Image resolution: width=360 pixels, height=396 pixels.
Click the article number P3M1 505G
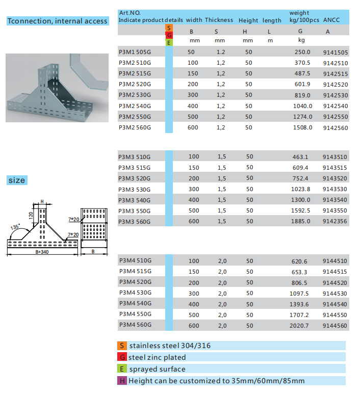pyautogui.click(x=135, y=52)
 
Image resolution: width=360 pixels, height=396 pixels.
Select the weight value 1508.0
pyautogui.click(x=302, y=127)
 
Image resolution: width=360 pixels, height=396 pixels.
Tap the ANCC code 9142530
pyautogui.click(x=336, y=95)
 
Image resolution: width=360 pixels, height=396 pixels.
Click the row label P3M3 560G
pyautogui.click(x=135, y=222)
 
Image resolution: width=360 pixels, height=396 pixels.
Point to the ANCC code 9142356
pyautogui.click(x=335, y=221)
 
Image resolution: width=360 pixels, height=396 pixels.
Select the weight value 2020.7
pyautogui.click(x=300, y=325)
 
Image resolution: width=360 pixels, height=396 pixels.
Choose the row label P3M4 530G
pyautogui.click(x=135, y=293)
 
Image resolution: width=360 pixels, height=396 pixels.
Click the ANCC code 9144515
pyautogui.click(x=335, y=272)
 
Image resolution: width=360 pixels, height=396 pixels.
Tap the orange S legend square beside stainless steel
pyautogui.click(x=122, y=346)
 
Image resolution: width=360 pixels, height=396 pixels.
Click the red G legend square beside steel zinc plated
pyautogui.click(x=122, y=357)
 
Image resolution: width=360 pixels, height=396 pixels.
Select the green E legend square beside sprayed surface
pyautogui.click(x=122, y=369)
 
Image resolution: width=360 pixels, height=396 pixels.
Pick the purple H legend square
pyautogui.click(x=122, y=381)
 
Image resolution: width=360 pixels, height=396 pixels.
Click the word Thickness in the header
pyautogui.click(x=219, y=20)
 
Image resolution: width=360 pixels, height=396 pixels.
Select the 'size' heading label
pyautogui.click(x=16, y=180)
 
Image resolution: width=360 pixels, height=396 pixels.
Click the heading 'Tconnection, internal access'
pyautogui.click(x=57, y=21)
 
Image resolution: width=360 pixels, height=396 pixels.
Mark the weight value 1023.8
pyautogui.click(x=300, y=189)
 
